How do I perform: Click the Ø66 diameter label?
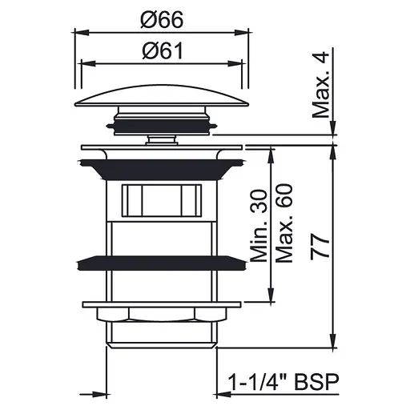point(162,20)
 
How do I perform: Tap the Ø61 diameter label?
point(163,51)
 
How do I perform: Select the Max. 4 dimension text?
point(321,85)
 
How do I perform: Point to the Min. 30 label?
point(259,226)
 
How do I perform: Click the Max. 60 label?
point(284,223)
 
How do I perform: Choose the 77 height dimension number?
point(320,247)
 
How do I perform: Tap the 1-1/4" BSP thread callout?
point(283,382)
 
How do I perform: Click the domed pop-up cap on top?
point(162,96)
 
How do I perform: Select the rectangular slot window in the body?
point(162,200)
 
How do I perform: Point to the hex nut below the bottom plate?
point(162,315)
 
